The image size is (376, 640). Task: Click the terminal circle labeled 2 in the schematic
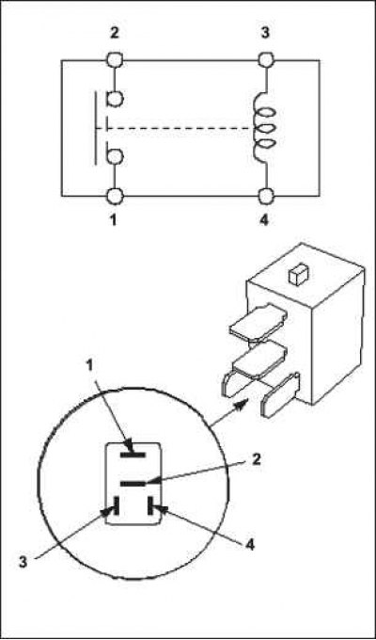pyautogui.click(x=115, y=60)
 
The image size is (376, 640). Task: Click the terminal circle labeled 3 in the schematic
pyautogui.click(x=265, y=60)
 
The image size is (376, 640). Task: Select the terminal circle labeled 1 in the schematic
pyautogui.click(x=115, y=197)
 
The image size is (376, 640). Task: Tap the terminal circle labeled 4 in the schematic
pyautogui.click(x=265, y=197)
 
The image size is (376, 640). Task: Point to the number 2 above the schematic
pyautogui.click(x=115, y=33)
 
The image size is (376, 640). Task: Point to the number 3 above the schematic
pyautogui.click(x=265, y=33)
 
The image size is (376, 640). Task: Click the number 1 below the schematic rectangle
pyautogui.click(x=114, y=220)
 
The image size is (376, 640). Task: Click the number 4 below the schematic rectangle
pyautogui.click(x=264, y=220)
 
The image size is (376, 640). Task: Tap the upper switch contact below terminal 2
pyautogui.click(x=115, y=99)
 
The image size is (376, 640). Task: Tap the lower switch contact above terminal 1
pyautogui.click(x=115, y=156)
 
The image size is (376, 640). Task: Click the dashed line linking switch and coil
pyautogui.click(x=176, y=129)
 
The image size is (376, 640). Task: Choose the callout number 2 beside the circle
pyautogui.click(x=256, y=461)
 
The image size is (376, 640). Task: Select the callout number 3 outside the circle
pyautogui.click(x=24, y=560)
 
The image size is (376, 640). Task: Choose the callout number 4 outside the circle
pyautogui.click(x=250, y=544)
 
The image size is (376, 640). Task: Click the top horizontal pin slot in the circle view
pyautogui.click(x=133, y=455)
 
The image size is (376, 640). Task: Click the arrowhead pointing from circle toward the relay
pyautogui.click(x=241, y=405)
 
